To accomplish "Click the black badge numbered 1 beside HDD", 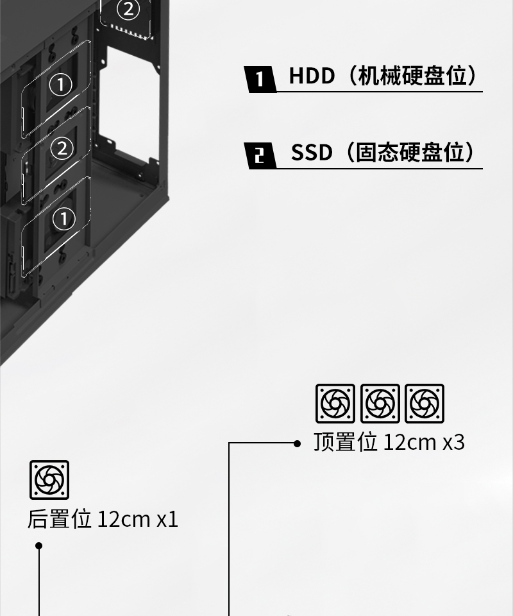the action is pyautogui.click(x=260, y=79).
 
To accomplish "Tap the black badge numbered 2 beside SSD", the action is pyautogui.click(x=260, y=156).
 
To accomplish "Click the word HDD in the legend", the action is pyautogui.click(x=312, y=76).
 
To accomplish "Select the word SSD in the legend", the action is pyautogui.click(x=312, y=153).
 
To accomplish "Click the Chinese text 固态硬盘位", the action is pyautogui.click(x=410, y=153).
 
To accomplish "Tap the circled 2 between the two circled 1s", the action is pyautogui.click(x=62, y=148).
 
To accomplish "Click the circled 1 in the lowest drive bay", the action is pyautogui.click(x=63, y=219).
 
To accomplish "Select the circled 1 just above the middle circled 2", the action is pyautogui.click(x=60, y=84).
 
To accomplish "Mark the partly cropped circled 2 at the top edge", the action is pyautogui.click(x=128, y=9).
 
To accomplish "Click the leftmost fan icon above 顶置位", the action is pyautogui.click(x=335, y=404).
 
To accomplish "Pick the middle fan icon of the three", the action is pyautogui.click(x=380, y=404).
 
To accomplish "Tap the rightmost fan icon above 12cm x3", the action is pyautogui.click(x=425, y=404).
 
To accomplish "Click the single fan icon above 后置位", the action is pyautogui.click(x=49, y=480).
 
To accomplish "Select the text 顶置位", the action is pyautogui.click(x=345, y=442).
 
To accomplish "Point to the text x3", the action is pyautogui.click(x=453, y=442).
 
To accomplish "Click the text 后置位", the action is pyautogui.click(x=60, y=519).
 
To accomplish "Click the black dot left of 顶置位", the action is pyautogui.click(x=297, y=443).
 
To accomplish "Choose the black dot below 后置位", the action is pyautogui.click(x=38, y=546).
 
